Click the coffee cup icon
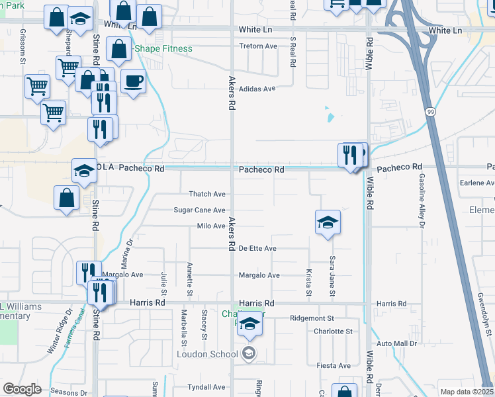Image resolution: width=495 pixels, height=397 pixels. coord(134,81)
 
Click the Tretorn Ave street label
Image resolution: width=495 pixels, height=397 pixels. coord(258,46)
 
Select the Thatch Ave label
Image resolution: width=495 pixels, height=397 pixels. coord(208,194)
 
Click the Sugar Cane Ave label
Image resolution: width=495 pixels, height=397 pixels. coord(199,210)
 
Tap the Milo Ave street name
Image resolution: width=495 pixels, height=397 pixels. coord(211,226)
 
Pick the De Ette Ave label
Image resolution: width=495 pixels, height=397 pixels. coord(257,248)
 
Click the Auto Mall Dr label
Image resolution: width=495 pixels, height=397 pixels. coord(397,344)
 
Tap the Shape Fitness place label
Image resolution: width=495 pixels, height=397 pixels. coord(163,49)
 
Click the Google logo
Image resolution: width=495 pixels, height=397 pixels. coord(22,389)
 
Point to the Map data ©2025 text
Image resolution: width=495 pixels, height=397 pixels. coord(466,392)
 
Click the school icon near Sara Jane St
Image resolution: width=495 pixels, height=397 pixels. coord(328,223)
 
